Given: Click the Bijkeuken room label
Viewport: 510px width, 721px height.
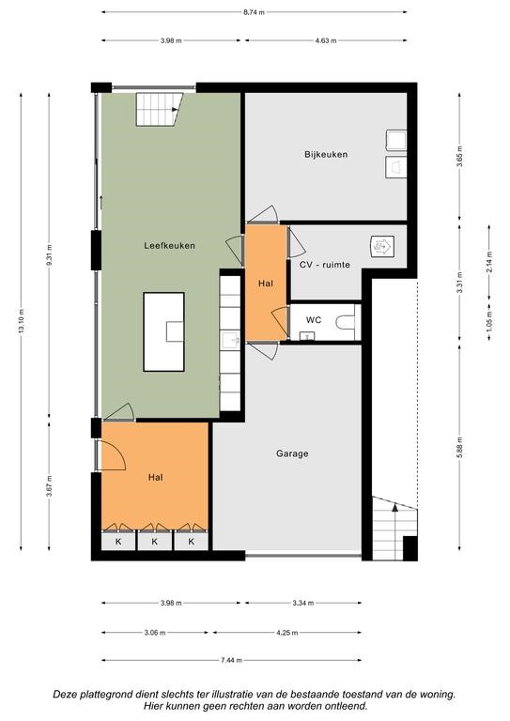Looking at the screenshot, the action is point(326,155).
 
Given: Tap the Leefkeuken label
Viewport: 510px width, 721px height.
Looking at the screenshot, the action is point(169,246).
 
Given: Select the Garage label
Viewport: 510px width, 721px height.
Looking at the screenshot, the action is point(292,453).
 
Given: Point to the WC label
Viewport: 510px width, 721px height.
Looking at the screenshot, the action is point(313,320).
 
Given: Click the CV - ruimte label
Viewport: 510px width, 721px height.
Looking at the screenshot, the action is point(325,265).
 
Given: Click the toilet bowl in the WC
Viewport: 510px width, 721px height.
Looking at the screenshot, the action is point(346,322).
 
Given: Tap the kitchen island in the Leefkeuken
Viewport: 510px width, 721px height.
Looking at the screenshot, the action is point(163,331).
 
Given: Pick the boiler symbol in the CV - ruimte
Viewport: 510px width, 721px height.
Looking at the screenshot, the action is point(382,246).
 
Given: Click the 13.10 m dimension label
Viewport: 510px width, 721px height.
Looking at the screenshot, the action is point(22,322).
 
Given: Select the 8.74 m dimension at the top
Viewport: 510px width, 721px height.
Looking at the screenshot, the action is point(254,12).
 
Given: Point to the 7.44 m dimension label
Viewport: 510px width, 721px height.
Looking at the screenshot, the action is point(231,660).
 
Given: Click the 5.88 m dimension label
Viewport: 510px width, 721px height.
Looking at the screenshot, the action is point(460,448).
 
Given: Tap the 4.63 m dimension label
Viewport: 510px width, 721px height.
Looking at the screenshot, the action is point(326,40).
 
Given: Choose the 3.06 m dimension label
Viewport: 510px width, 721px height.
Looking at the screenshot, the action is point(155,633).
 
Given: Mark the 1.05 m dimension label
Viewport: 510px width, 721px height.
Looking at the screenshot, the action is point(488,320).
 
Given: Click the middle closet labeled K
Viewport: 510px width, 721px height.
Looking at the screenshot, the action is point(155,541).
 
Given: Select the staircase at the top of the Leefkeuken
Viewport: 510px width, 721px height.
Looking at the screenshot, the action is point(159,110).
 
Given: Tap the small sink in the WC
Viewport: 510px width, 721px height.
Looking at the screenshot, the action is point(307,337).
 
